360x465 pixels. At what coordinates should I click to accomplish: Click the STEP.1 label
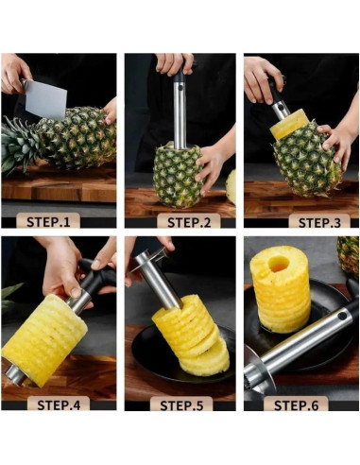48,222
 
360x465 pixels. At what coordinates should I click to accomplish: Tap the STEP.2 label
189,222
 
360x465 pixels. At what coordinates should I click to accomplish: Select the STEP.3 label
319,223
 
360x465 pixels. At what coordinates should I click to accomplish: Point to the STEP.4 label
59,405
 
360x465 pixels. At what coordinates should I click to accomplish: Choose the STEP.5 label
181,405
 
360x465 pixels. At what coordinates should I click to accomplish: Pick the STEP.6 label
296,405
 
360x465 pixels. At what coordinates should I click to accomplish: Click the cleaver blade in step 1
45,98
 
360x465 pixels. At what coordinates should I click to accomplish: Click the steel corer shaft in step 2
180,114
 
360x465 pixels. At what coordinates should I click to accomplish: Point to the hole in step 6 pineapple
279,263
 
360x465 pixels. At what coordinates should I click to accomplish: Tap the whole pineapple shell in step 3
307,159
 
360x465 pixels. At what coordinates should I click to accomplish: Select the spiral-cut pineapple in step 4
44,340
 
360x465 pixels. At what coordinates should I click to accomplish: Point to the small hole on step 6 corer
341,316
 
